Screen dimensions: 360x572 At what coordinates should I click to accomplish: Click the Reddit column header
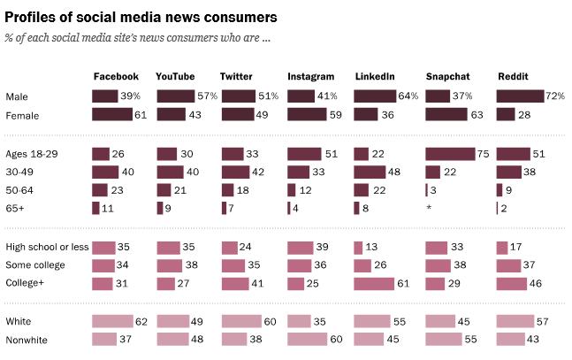click(x=513, y=77)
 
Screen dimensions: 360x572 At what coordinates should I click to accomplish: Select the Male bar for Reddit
click(x=520, y=96)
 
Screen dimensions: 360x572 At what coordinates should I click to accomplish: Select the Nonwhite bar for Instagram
click(x=313, y=340)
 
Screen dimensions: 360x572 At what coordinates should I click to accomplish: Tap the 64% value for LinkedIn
click(x=408, y=96)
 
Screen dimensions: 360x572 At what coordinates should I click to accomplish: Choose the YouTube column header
click(x=175, y=77)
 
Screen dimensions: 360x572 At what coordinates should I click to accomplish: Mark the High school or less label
click(x=47, y=247)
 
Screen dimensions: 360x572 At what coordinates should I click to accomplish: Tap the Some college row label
click(x=35, y=265)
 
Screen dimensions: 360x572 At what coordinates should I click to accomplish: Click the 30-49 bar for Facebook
click(x=105, y=172)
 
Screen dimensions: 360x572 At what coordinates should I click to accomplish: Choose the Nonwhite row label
click(x=26, y=340)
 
